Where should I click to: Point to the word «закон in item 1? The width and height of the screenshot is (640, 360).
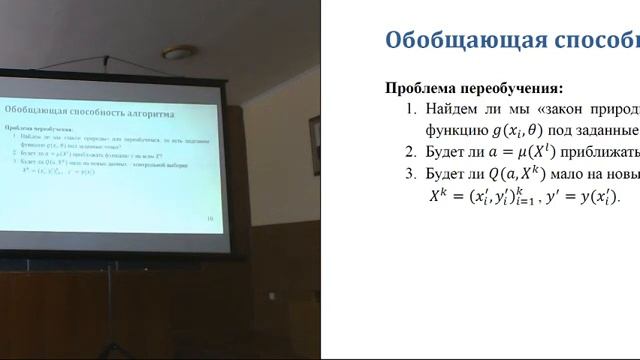pos(560,109)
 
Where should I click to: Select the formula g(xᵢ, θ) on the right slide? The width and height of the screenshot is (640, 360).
pos(533,131)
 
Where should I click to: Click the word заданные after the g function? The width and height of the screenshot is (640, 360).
pos(610,131)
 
